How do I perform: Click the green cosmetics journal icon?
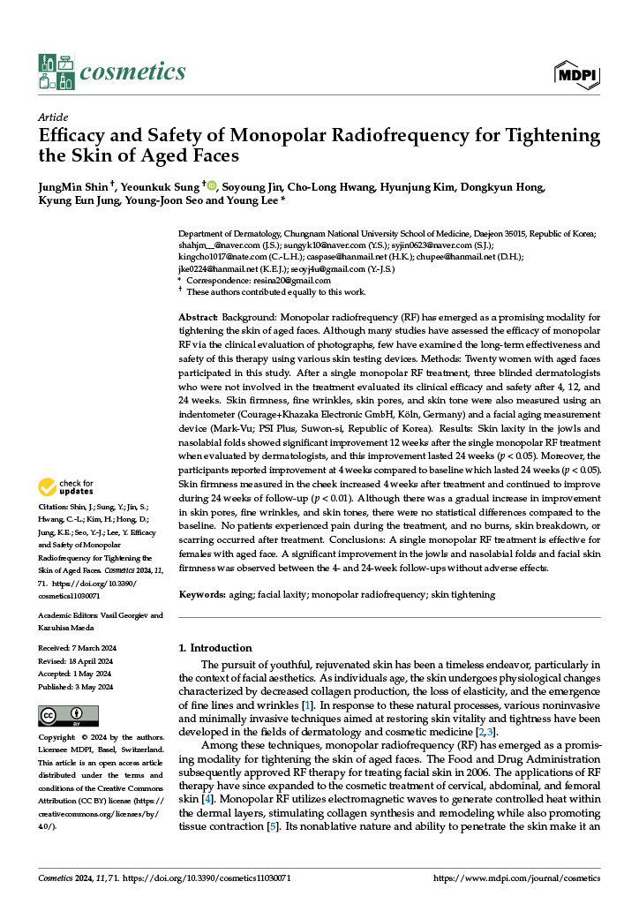(x=56, y=72)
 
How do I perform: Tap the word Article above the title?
(x=54, y=117)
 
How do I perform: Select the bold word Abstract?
(x=198, y=316)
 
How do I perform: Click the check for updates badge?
(x=66, y=486)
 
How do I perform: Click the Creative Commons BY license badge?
(x=68, y=715)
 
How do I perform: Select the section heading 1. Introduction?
(x=214, y=648)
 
